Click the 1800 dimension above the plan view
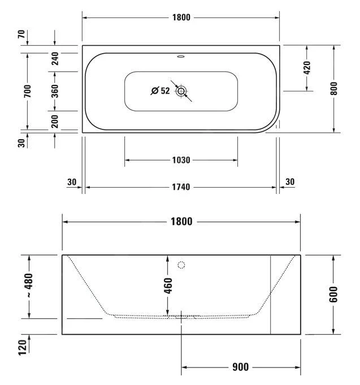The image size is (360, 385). (x=181, y=18)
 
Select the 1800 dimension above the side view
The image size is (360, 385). (x=181, y=222)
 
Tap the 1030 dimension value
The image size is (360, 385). (x=181, y=160)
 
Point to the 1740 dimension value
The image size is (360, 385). (x=181, y=187)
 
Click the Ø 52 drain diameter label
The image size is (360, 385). (x=161, y=90)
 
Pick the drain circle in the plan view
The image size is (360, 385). (x=181, y=90)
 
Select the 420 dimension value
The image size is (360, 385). (x=307, y=67)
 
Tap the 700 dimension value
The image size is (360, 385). (x=27, y=90)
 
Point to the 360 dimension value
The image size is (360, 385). (x=55, y=91)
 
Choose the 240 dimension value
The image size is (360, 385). (x=55, y=58)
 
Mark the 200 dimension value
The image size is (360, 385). (x=55, y=120)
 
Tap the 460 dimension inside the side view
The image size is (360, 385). (x=168, y=285)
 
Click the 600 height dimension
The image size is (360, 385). (x=334, y=294)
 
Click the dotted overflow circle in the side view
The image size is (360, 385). (x=181, y=265)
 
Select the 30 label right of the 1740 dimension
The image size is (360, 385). (x=290, y=181)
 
